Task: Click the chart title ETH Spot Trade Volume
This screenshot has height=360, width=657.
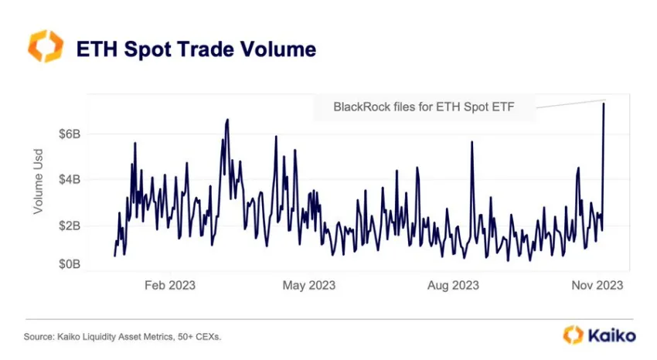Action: pos(196,49)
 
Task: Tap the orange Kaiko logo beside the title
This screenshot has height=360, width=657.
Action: pos(44,47)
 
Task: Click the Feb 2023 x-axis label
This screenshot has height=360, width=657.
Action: pos(170,286)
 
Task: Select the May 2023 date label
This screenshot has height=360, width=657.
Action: pos(310,286)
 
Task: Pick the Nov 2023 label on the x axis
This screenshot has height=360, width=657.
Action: pos(597,286)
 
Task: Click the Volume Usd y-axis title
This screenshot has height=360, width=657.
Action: pos(38,182)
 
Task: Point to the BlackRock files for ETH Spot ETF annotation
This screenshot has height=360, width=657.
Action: pos(423,107)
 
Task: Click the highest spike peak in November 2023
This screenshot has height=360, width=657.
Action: pos(604,103)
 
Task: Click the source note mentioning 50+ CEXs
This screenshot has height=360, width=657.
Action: pos(128,336)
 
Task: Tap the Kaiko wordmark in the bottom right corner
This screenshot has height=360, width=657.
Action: pos(610,335)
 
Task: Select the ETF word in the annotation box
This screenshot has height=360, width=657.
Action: pos(502,107)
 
